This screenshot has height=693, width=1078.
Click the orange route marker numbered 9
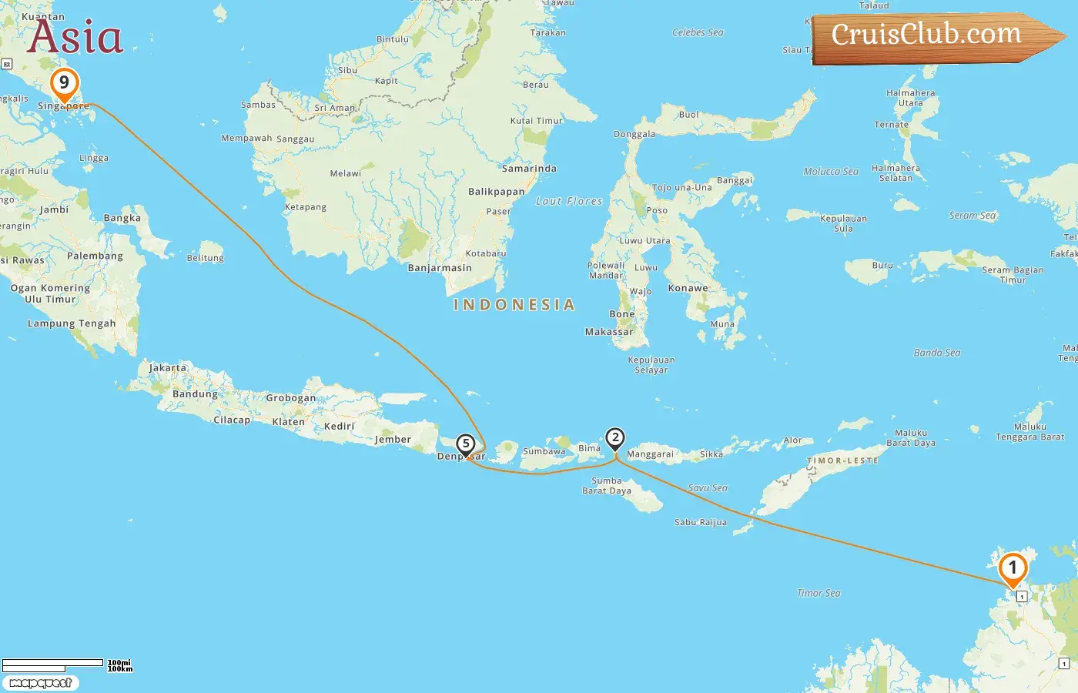[x=64, y=83]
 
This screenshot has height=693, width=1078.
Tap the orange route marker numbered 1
[x=1013, y=569]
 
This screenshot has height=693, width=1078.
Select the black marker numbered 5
[x=465, y=444]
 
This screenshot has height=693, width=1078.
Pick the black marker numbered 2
[x=614, y=438]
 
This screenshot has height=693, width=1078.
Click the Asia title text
[x=75, y=37]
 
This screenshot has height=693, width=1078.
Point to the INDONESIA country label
[x=514, y=305]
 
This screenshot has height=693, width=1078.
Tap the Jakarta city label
[x=167, y=368]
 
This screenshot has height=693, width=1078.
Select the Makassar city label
[x=608, y=332]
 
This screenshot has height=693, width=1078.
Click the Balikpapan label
[x=496, y=192]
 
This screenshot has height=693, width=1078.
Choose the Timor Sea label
[x=819, y=593]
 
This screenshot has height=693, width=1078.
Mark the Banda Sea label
[x=936, y=353]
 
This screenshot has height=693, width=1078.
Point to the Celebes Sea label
[x=698, y=32]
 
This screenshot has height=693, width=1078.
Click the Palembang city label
[x=95, y=256]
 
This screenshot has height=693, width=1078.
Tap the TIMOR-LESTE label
[x=842, y=460]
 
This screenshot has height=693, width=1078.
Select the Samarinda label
[x=529, y=169]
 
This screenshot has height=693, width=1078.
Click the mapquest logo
[x=40, y=682]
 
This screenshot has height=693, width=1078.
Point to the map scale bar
[x=52, y=663]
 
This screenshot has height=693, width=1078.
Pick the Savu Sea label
[x=708, y=488]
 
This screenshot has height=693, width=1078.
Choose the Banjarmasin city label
[x=440, y=268]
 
